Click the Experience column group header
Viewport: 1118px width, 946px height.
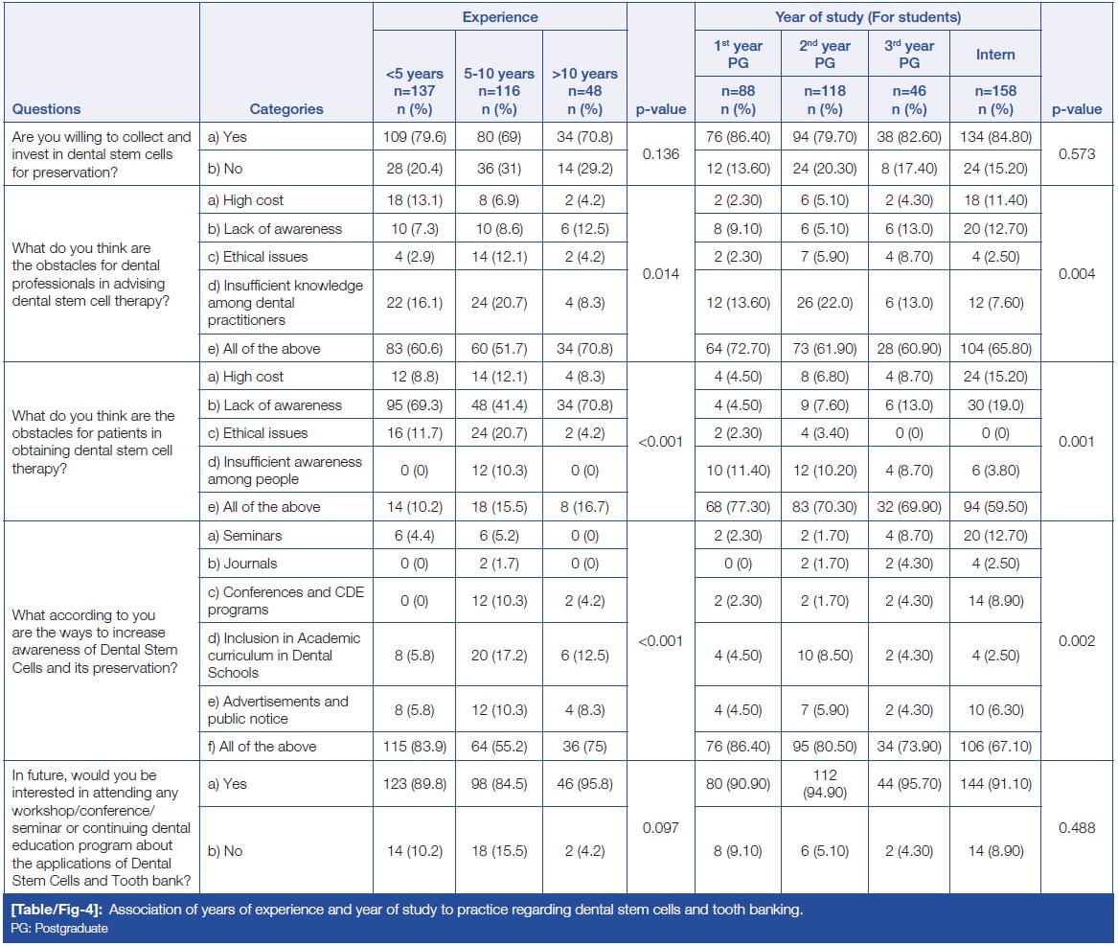tap(500, 16)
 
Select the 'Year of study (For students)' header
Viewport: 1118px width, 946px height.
tap(867, 16)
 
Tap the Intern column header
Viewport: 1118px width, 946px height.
tap(995, 55)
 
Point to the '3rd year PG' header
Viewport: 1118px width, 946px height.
tap(909, 55)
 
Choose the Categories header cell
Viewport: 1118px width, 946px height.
tap(286, 108)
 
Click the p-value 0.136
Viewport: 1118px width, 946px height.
tap(660, 151)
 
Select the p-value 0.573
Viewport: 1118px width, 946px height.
tap(1077, 151)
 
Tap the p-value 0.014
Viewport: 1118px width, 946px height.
tap(660, 273)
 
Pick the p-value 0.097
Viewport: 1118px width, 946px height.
tap(660, 827)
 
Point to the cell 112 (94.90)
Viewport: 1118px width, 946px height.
tap(824, 783)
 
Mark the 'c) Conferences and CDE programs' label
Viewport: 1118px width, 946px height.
tap(285, 600)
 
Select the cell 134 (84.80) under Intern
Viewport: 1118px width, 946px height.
tap(995, 137)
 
